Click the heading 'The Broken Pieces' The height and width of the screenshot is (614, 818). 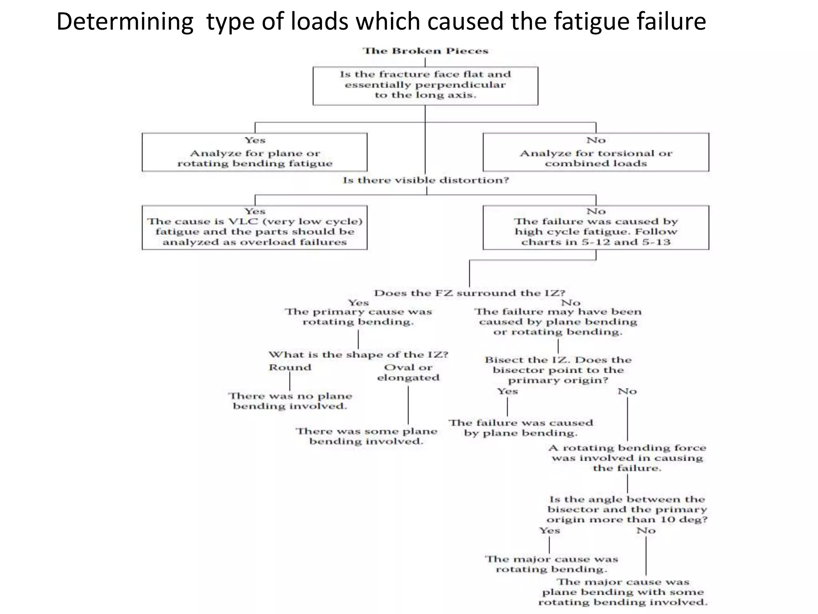pos(425,51)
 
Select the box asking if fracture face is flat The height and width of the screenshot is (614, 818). pos(425,85)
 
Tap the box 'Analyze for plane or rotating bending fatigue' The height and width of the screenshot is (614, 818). pos(254,152)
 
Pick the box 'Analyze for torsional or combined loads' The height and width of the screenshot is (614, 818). pos(596,152)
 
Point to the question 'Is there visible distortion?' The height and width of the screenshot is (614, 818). pos(426,180)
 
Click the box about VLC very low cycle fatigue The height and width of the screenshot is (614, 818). pos(254,227)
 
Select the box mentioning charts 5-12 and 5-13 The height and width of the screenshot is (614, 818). pos(596,227)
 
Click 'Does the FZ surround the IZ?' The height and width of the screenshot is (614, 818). pos(469,293)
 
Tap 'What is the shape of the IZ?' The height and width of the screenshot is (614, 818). pos(358,355)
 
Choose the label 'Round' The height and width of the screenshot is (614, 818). pos(290,367)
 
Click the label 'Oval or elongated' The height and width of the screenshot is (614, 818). pos(408,372)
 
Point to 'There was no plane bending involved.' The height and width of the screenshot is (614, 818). pos(290,401)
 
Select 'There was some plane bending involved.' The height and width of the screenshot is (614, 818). pos(366,436)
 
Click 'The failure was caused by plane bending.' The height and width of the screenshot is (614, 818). pos(520,428)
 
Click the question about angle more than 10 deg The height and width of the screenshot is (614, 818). pos(627,509)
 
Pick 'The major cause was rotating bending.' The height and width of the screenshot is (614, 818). pos(551,564)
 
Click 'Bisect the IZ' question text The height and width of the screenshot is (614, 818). pos(558,370)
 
